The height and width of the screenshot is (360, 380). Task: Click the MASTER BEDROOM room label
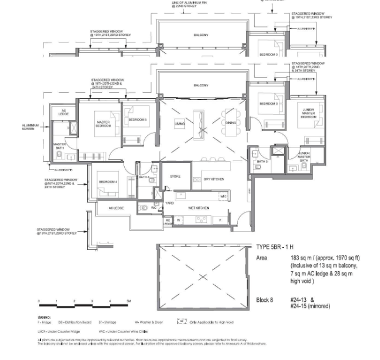coord(104,124)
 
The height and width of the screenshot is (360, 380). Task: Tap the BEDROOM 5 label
coord(137,120)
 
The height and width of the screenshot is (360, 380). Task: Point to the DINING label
coord(230,124)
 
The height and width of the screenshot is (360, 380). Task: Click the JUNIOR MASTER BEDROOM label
coord(308,114)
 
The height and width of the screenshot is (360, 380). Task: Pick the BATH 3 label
coord(262,161)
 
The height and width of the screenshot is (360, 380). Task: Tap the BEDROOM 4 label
coord(108,181)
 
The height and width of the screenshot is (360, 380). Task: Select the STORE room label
coord(175,176)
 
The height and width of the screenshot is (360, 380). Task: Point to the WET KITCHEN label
coord(199,208)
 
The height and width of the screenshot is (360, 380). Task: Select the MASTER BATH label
coord(59,146)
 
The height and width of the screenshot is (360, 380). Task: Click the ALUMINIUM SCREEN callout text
coord(30,127)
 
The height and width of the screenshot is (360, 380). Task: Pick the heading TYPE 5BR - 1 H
coord(279,247)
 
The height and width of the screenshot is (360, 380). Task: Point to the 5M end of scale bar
coord(128,301)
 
